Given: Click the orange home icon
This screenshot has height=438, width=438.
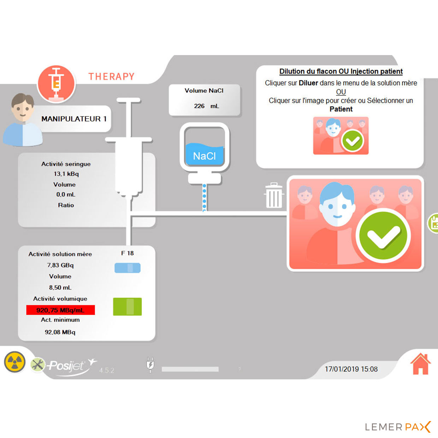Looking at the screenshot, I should (420, 364).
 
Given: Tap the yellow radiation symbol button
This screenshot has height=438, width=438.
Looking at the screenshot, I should (14, 362).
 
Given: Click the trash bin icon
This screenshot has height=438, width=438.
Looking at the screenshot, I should (273, 195).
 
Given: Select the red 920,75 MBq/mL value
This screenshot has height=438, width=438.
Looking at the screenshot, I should (60, 310).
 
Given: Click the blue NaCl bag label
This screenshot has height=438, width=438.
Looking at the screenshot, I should (205, 155).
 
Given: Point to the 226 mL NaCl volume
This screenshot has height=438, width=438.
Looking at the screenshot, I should (206, 106).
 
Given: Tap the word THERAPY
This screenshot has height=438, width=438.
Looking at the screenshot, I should (111, 77).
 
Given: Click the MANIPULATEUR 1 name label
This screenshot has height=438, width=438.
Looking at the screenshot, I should (74, 119).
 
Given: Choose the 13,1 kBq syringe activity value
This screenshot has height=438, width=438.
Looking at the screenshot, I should (66, 174).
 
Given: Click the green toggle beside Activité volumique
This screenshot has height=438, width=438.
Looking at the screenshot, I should (127, 307).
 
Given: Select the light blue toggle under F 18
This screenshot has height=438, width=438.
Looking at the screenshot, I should (127, 268).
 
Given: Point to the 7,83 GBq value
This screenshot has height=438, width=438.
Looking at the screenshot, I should (60, 265).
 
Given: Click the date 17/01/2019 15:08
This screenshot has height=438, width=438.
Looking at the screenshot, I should (351, 369).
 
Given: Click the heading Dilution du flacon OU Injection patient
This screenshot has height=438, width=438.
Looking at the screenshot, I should (341, 71).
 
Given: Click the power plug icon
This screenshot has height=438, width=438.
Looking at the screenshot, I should (150, 365).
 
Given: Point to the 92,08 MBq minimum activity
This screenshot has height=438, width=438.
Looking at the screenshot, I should (60, 332).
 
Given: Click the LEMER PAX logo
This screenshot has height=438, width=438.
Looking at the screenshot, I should (397, 427).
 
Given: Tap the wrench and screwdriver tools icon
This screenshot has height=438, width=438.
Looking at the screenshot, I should (37, 365).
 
